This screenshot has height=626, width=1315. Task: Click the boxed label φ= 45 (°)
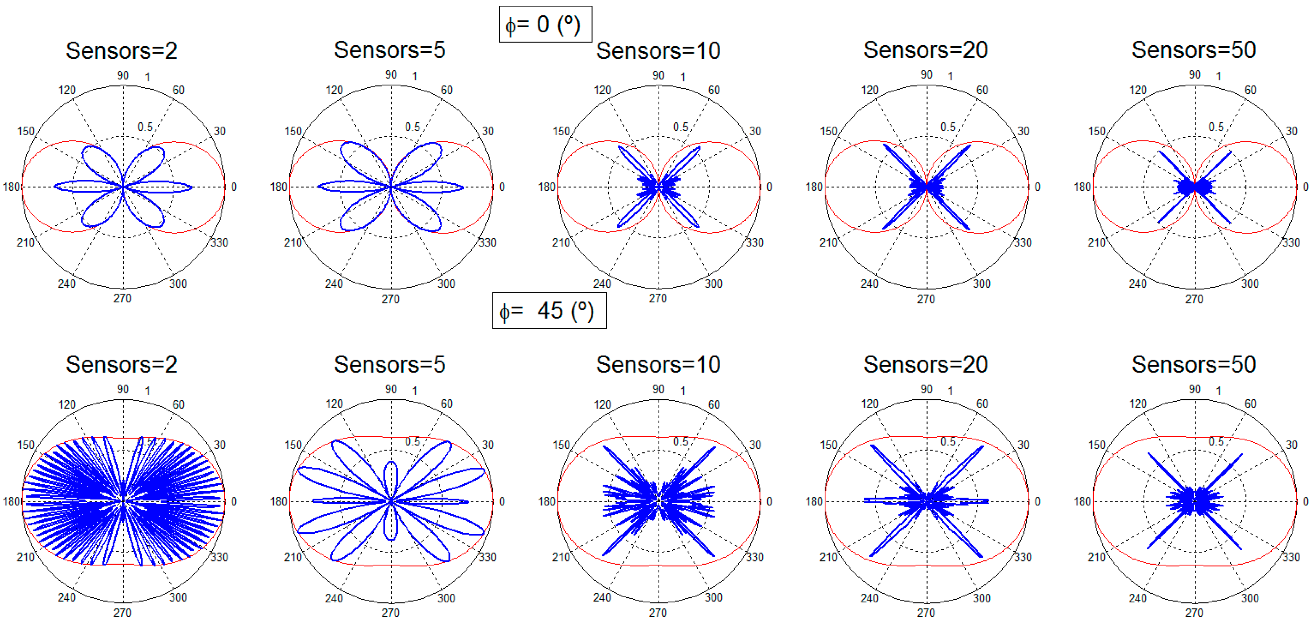549,310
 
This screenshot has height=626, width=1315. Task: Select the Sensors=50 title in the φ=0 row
1193,50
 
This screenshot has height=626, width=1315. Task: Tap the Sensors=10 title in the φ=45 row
658,364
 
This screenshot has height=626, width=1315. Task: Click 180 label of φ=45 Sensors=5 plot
279,502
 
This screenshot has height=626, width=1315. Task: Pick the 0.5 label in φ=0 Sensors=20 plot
948,127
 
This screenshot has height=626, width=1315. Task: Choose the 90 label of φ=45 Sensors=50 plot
1194,389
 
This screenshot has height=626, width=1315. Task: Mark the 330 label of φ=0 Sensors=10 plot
754,243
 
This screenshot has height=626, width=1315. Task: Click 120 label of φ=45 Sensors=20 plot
870,404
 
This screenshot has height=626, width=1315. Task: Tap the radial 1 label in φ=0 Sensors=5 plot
415,76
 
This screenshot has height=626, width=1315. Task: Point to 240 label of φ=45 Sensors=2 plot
66,597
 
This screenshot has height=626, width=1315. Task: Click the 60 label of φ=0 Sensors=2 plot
178,90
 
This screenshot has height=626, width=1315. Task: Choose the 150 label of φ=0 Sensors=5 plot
293,131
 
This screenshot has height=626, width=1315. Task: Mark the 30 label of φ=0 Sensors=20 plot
1023,131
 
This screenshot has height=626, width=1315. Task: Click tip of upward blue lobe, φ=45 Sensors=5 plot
391,462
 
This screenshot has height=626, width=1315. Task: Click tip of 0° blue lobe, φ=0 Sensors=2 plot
192,187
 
